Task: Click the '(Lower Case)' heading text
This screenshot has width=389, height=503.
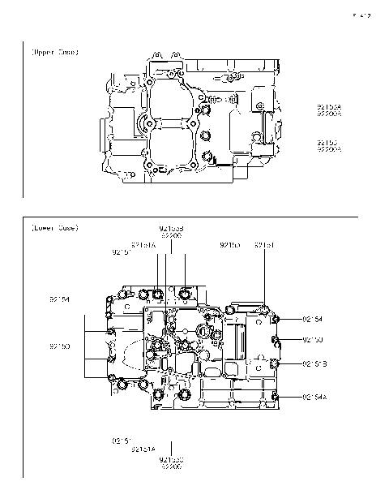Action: click(x=54, y=228)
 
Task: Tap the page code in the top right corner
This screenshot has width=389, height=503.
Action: click(x=361, y=15)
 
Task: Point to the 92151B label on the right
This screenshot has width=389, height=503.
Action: click(x=314, y=364)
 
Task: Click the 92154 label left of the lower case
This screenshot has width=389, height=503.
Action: click(x=60, y=299)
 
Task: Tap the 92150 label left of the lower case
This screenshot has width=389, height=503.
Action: click(x=60, y=346)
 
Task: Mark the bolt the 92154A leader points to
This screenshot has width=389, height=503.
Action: click(x=276, y=396)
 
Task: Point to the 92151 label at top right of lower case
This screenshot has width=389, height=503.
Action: click(x=265, y=244)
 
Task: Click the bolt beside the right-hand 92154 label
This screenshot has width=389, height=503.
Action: click(x=274, y=320)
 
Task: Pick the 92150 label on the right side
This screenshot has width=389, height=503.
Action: click(x=314, y=339)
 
